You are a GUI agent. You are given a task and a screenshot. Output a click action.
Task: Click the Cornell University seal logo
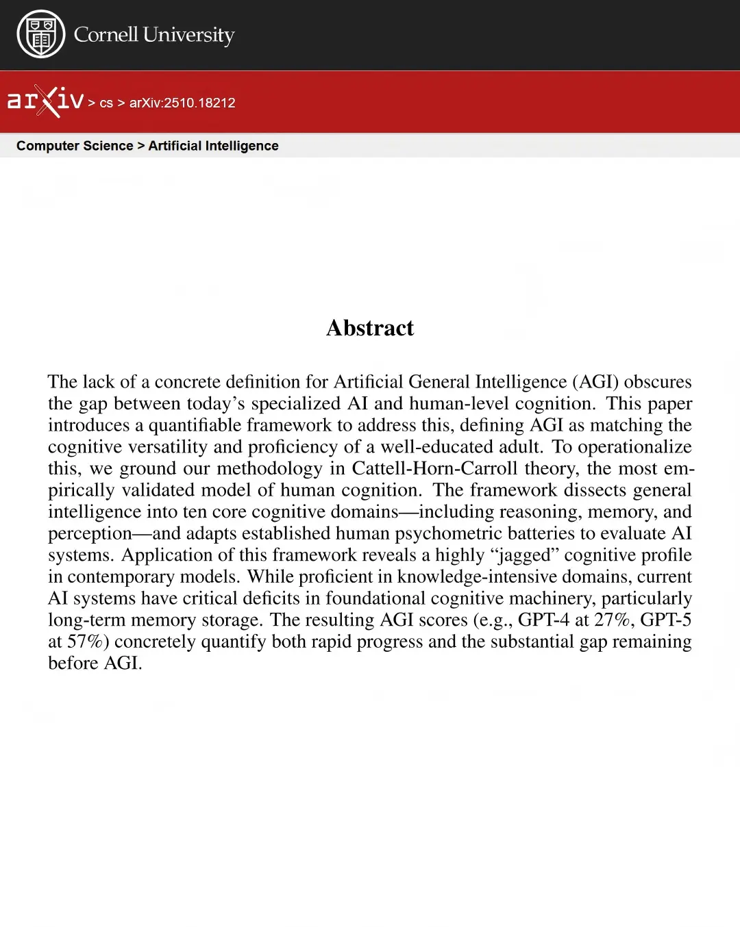pyautogui.click(x=40, y=34)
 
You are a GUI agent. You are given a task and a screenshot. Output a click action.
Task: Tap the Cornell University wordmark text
pyautogui.click(x=154, y=34)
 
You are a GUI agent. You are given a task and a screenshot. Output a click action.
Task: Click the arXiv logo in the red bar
pyautogui.click(x=45, y=101)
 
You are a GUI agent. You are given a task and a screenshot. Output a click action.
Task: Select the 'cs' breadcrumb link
pyautogui.click(x=106, y=103)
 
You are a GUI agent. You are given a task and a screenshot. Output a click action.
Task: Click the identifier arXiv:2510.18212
pyautogui.click(x=182, y=103)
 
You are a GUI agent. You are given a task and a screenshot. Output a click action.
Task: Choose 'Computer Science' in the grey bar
pyautogui.click(x=75, y=146)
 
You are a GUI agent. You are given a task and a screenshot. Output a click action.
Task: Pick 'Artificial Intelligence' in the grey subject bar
pyautogui.click(x=213, y=146)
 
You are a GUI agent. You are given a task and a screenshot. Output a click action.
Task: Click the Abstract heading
pyautogui.click(x=370, y=328)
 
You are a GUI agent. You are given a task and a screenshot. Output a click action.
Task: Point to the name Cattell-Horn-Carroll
pyautogui.click(x=434, y=468)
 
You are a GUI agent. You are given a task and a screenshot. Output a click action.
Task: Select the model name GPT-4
pyautogui.click(x=543, y=620)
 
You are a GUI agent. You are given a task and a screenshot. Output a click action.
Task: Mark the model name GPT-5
pyautogui.click(x=665, y=620)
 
